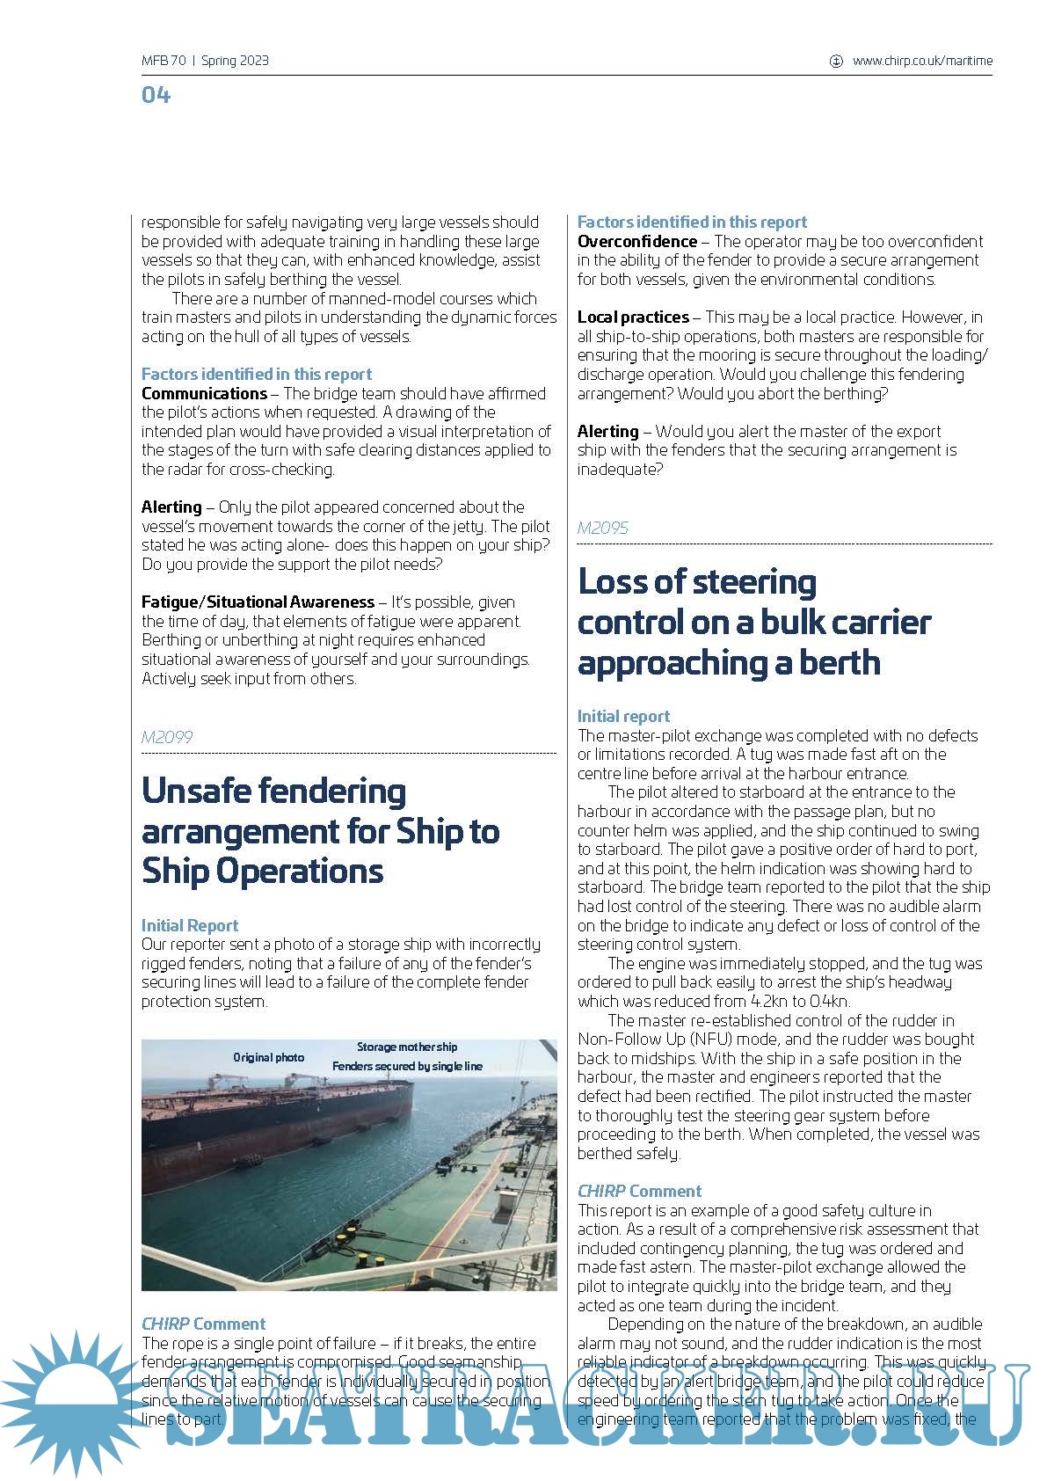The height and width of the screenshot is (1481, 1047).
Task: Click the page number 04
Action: (156, 95)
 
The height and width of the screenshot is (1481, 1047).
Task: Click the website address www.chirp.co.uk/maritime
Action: (922, 61)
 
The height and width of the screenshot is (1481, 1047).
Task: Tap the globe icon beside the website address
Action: (836, 61)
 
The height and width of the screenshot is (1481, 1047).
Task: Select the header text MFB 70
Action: (164, 61)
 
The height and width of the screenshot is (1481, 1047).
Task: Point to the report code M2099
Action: (167, 737)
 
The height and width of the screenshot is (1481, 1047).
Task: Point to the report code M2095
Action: (603, 528)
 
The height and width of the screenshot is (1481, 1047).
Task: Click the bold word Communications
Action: (204, 393)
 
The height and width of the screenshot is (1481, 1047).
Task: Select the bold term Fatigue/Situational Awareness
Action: (258, 602)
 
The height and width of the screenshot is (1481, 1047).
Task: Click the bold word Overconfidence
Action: (637, 241)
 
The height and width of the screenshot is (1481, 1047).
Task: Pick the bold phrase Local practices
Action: (633, 317)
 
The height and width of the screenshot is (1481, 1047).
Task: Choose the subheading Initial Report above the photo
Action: (190, 925)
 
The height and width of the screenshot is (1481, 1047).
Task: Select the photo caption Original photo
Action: (268, 1057)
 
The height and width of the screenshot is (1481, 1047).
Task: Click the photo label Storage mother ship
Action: (407, 1047)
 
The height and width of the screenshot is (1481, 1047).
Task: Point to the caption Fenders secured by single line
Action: (407, 1066)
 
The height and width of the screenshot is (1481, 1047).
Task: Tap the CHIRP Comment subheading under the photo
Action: (203, 1324)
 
